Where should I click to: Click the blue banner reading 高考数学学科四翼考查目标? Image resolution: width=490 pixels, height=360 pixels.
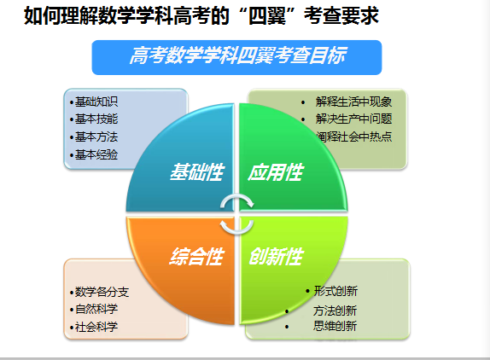click(236, 57)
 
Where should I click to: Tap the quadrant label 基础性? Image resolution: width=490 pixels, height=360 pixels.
click(197, 172)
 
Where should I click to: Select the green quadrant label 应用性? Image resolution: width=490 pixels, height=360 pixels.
click(276, 172)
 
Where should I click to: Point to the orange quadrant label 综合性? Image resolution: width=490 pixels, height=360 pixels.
click(197, 257)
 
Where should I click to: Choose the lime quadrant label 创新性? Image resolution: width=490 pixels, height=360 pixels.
click(276, 257)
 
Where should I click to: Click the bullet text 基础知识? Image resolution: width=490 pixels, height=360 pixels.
click(96, 102)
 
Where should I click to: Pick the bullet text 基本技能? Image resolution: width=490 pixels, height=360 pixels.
click(96, 119)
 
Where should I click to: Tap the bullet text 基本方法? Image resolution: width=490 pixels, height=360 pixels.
click(96, 136)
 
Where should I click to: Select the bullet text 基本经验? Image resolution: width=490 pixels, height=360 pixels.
click(96, 154)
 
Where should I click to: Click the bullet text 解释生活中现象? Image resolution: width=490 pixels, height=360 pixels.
click(353, 102)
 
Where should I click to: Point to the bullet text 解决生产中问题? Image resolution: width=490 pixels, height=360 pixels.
click(353, 119)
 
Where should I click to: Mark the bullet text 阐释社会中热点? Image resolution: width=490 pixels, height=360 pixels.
click(353, 136)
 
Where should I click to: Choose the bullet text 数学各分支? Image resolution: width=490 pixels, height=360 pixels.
click(102, 292)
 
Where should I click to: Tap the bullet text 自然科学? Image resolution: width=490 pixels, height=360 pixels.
click(96, 309)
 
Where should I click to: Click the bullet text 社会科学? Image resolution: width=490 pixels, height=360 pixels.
click(96, 327)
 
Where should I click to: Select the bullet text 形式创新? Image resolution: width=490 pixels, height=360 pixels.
click(335, 291)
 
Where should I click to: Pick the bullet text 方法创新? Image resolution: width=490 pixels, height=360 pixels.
click(335, 311)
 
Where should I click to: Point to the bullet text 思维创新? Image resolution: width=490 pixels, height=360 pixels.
click(335, 326)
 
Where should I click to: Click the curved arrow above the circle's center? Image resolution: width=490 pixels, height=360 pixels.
click(237, 197)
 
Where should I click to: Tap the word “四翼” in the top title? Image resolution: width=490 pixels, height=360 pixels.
click(267, 15)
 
